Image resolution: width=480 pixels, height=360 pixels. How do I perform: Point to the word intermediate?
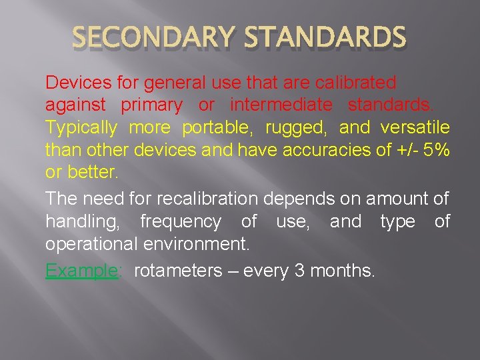pyautogui.click(x=281, y=105)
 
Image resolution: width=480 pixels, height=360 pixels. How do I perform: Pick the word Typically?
pyautogui.click(x=81, y=127)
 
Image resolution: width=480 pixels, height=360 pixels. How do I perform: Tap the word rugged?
pyautogui.click(x=295, y=127)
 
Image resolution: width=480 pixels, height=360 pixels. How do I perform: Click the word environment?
pyautogui.click(x=197, y=243)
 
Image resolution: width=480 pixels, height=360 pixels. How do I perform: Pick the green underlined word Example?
pyautogui.click(x=81, y=271)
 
